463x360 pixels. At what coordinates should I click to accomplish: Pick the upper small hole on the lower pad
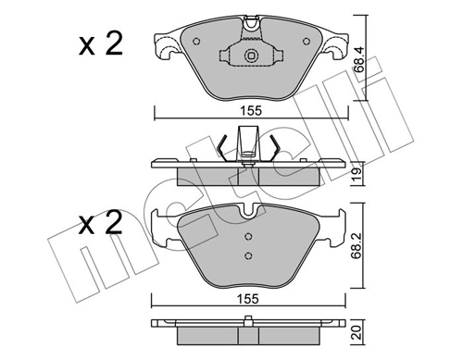[247, 237]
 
